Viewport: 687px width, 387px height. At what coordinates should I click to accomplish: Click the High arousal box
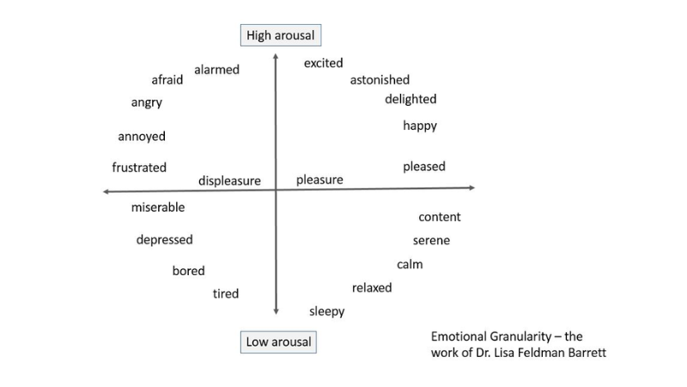click(280, 35)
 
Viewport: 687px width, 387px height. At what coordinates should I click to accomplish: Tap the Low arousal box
click(279, 342)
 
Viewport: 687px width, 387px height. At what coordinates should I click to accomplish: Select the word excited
click(323, 63)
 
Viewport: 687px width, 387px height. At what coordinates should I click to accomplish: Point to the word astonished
click(380, 80)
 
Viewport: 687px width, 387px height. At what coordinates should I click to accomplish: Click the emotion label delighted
click(410, 99)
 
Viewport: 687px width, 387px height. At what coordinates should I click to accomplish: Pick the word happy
click(420, 126)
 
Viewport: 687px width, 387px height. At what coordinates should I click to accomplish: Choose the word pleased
click(424, 166)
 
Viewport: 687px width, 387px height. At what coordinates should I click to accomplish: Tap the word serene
click(431, 241)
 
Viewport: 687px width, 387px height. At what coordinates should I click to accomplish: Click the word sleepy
click(326, 311)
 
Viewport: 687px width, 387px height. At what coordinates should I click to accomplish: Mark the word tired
click(226, 294)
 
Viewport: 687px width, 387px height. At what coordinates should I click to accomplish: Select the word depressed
click(164, 240)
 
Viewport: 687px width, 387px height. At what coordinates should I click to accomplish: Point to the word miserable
click(158, 207)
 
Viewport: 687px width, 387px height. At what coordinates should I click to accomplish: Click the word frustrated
click(139, 168)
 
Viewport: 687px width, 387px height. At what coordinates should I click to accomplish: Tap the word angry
click(146, 102)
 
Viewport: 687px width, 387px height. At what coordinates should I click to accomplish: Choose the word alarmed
click(216, 70)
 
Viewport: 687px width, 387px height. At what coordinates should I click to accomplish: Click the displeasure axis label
click(229, 181)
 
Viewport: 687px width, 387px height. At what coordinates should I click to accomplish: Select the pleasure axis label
click(319, 180)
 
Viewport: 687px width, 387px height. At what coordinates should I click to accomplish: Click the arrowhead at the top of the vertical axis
click(276, 56)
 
